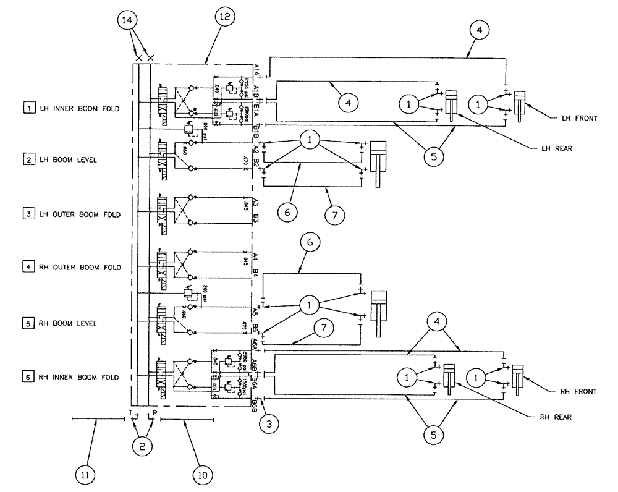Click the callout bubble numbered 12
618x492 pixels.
click(224, 17)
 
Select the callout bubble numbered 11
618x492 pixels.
click(86, 475)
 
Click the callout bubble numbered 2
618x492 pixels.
click(142, 444)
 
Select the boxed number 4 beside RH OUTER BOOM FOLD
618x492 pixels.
click(28, 268)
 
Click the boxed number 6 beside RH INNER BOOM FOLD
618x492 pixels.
click(28, 376)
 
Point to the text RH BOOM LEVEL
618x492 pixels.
click(65, 323)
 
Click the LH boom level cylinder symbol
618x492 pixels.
click(378, 161)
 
